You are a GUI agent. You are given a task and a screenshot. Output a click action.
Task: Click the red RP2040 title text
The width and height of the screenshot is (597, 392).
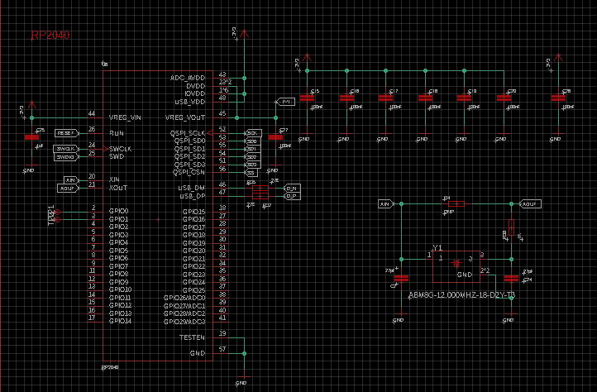tap(50, 36)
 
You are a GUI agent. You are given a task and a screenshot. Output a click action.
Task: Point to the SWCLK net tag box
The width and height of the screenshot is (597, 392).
tap(66, 148)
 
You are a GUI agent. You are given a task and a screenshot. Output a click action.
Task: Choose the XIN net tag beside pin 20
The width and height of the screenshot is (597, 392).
tap(70, 179)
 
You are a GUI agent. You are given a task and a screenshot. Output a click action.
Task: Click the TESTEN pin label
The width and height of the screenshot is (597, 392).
tap(192, 337)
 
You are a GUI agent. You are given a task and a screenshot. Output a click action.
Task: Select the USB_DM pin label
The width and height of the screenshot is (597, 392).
tap(191, 188)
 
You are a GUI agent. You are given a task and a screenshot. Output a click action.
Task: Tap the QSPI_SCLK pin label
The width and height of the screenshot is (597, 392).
tap(188, 133)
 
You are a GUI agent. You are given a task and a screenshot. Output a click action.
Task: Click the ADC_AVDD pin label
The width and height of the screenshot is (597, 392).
tap(188, 78)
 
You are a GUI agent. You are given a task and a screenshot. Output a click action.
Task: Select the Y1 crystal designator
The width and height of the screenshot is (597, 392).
tap(438, 248)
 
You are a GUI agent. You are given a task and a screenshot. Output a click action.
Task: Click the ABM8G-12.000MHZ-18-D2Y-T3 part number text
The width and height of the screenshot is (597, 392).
tap(462, 294)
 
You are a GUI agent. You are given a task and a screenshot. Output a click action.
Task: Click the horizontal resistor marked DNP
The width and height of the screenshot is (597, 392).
tap(453, 203)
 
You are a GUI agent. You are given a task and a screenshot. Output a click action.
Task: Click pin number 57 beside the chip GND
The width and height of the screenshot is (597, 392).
tap(222, 350)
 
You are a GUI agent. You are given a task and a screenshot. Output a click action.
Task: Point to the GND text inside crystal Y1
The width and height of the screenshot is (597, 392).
tap(465, 274)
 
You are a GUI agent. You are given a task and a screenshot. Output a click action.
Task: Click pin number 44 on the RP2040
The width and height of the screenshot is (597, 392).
tap(92, 113)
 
